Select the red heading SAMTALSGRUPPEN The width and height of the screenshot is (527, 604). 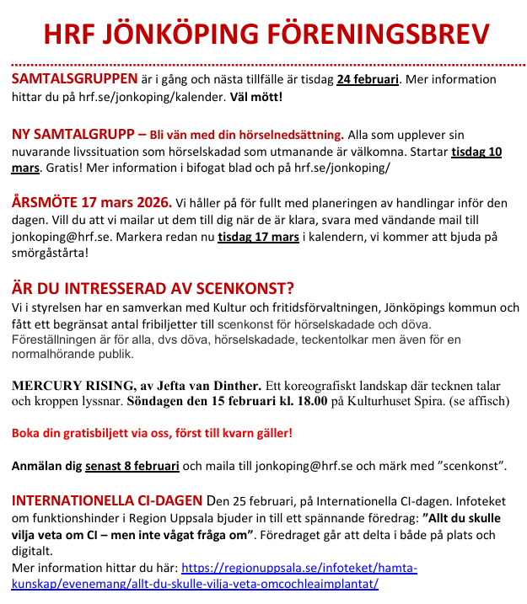click(x=74, y=79)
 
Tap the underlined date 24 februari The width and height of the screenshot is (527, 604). click(x=367, y=80)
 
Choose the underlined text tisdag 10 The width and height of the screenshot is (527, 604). click(x=476, y=152)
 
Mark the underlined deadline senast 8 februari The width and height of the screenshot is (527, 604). click(x=138, y=466)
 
